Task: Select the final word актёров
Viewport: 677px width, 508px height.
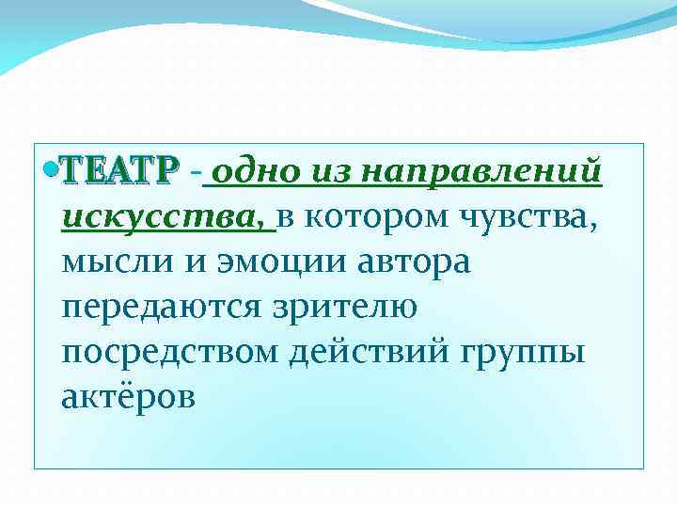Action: click(128, 398)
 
